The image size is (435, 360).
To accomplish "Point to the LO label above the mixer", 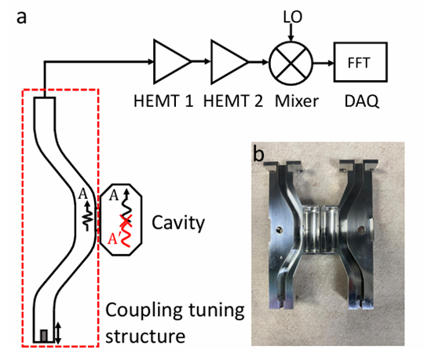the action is [293, 17].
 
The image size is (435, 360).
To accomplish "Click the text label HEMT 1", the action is [163, 101].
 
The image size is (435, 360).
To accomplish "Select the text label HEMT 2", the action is [233, 101].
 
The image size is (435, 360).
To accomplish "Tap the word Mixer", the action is [297, 101].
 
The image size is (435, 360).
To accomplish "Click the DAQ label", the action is [361, 101].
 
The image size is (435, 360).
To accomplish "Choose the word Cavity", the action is [178, 222].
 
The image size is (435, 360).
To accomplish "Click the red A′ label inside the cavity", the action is [112, 239].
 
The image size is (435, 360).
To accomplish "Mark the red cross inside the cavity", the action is [126, 220].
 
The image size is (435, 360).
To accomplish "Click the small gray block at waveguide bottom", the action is [44, 336].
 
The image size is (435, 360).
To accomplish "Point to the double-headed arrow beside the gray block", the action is [57, 333].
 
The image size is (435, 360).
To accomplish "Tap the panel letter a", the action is [21, 18].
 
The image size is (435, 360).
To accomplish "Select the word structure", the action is [145, 336].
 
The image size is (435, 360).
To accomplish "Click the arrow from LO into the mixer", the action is [291, 32].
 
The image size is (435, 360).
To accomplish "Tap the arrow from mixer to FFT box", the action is [324, 63].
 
